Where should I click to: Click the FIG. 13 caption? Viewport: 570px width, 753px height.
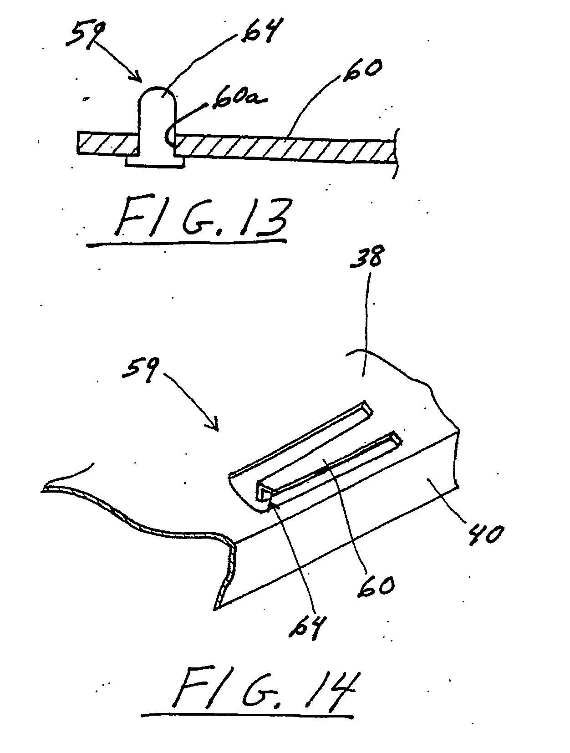pos(202,217)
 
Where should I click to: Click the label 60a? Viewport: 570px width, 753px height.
pos(239,100)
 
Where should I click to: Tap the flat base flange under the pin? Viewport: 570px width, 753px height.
pos(155,162)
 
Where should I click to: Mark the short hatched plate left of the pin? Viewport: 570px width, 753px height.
pos(108,143)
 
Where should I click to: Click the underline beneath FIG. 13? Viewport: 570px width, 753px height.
pos(186,242)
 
